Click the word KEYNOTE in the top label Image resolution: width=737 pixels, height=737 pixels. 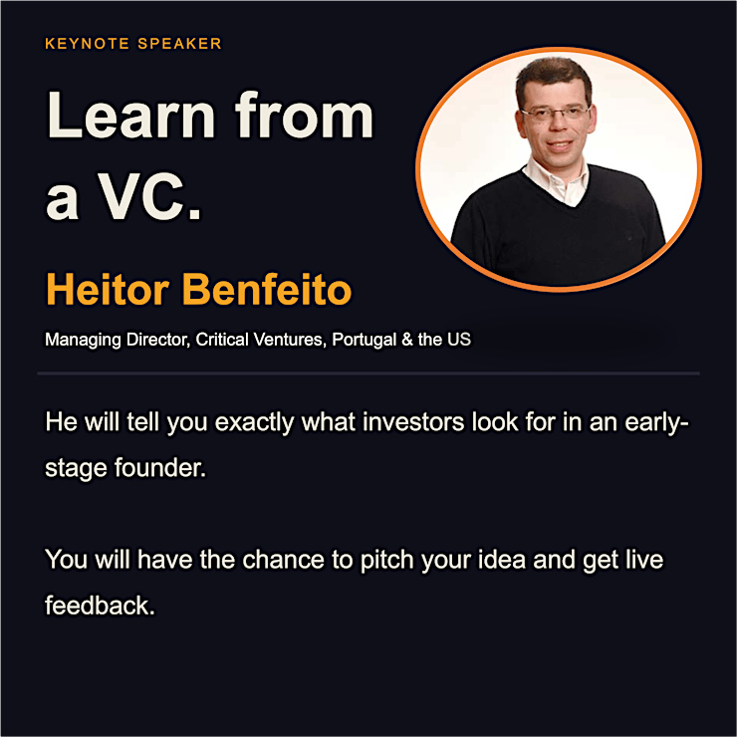tap(87, 44)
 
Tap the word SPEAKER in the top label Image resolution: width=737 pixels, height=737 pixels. tap(179, 44)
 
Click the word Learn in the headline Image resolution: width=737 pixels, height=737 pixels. tap(131, 116)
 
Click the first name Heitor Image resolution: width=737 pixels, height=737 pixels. tap(108, 289)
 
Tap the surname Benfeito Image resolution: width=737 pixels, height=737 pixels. tap(267, 289)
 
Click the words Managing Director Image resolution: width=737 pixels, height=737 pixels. tap(118, 340)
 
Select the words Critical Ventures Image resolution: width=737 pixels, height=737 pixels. tap(261, 340)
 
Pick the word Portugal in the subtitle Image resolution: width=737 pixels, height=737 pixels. tap(365, 340)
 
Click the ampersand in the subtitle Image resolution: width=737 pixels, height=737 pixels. tap(407, 340)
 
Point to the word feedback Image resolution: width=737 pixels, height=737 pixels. tap(100, 606)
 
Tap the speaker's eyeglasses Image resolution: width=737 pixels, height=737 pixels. tap(556, 114)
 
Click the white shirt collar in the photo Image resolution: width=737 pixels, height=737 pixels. tap(557, 181)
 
